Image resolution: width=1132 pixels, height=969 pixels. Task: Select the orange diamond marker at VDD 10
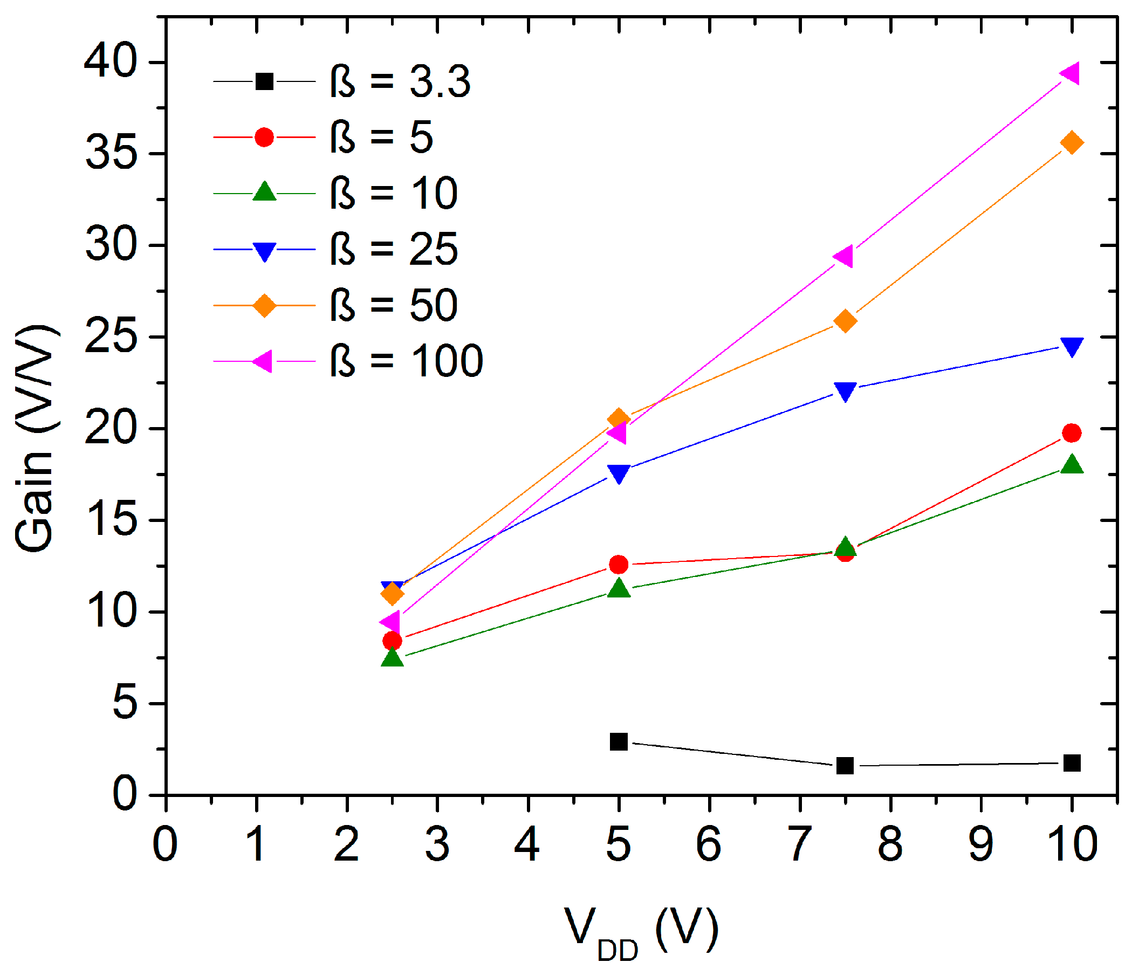pos(1072,142)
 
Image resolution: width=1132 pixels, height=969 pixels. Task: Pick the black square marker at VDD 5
pos(619,742)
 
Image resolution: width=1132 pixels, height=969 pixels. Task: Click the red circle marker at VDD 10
pos(1072,433)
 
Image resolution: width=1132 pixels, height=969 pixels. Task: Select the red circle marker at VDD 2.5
pos(392,641)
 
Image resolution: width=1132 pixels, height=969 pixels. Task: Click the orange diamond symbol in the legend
pos(264,306)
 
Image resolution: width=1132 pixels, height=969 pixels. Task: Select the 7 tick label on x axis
pos(799,844)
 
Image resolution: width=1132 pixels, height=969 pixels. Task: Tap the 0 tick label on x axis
pos(165,844)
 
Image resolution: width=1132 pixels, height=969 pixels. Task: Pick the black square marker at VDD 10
pos(1072,763)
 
